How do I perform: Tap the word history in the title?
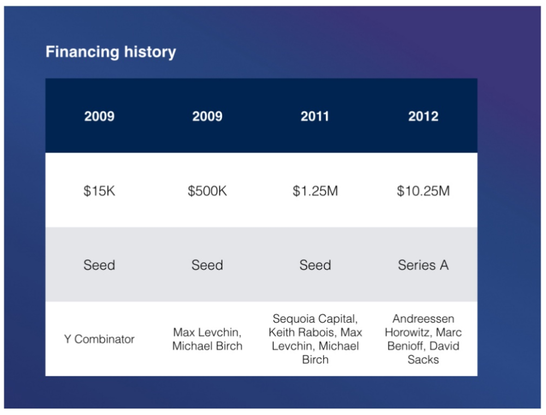pyautogui.click(x=150, y=51)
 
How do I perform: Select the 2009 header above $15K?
pyautogui.click(x=99, y=116)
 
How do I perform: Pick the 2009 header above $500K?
pyautogui.click(x=207, y=116)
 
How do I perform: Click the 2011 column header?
pyautogui.click(x=315, y=116)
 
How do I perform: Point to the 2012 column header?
pyautogui.click(x=423, y=116)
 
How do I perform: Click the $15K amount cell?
pyautogui.click(x=99, y=191)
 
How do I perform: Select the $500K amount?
pyautogui.click(x=207, y=191)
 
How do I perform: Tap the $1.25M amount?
pyautogui.click(x=315, y=191)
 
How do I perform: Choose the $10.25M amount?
pyautogui.click(x=423, y=191)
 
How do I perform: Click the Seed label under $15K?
pyautogui.click(x=99, y=265)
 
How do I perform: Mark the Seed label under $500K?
pyautogui.click(x=207, y=265)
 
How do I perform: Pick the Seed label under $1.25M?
pyautogui.click(x=315, y=265)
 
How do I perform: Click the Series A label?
pyautogui.click(x=423, y=265)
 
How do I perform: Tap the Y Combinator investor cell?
pyautogui.click(x=99, y=339)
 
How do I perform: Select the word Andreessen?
pyautogui.click(x=423, y=318)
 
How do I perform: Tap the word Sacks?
pyautogui.click(x=423, y=359)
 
